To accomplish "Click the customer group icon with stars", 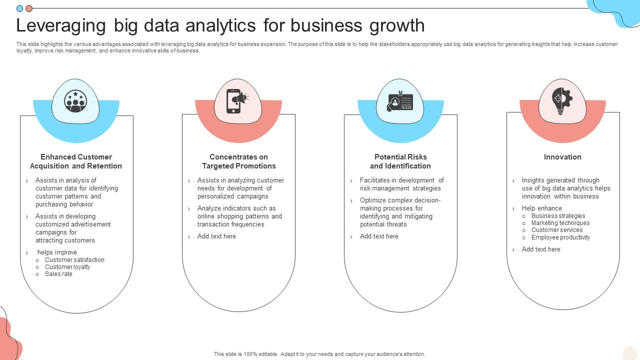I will click(x=75, y=101).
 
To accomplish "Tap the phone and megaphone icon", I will click(x=237, y=101).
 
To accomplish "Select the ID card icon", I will click(x=400, y=101).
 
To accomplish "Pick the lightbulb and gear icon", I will click(x=562, y=101).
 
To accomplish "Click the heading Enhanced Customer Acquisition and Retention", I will click(x=76, y=161).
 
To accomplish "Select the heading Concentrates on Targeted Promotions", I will click(x=238, y=161).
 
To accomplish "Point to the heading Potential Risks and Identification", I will click(x=400, y=161).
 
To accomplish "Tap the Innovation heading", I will click(x=562, y=157).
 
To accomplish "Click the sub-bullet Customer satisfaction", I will click(x=74, y=260).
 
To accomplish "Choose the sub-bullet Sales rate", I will click(x=58, y=274).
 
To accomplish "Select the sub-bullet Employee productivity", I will click(x=560, y=237).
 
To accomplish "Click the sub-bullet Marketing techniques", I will click(x=560, y=223).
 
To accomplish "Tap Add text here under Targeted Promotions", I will click(x=216, y=236).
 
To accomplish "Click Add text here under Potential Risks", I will click(x=379, y=236).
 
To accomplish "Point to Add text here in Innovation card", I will click(x=541, y=249).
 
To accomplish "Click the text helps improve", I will click(x=57, y=252).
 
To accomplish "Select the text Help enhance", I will click(x=541, y=208).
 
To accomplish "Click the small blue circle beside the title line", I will click(x=20, y=8).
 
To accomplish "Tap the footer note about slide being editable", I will click(x=319, y=354).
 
